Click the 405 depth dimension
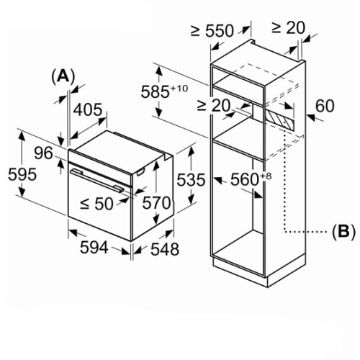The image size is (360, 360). tap(88, 110)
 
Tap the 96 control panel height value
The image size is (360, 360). tap(43, 153)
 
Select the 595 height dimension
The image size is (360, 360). tap(22, 174)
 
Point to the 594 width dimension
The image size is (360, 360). tap(94, 248)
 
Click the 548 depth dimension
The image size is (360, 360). tap(165, 249)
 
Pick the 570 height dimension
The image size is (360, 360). tap(156, 203)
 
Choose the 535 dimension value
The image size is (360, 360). tap(191, 180)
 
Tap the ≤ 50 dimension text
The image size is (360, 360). tap(96, 204)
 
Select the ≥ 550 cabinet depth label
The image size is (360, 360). tap(212, 31)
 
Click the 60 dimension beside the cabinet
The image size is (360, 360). tap(325, 106)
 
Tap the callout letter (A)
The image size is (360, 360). tap(63, 77)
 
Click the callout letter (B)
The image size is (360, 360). tap(343, 232)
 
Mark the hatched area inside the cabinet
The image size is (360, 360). tap(279, 120)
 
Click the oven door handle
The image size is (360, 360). tap(97, 180)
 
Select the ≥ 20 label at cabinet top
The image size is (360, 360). tap(288, 28)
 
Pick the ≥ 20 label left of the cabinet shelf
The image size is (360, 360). tap(214, 105)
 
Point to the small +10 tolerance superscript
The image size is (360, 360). tap(179, 89)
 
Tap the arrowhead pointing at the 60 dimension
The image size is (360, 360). tap(311, 117)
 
